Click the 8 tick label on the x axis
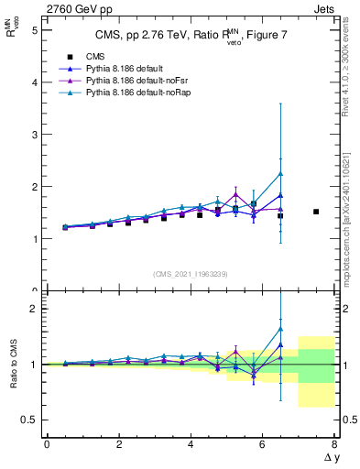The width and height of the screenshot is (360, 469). pos(334,443)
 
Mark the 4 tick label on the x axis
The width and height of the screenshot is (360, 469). pos(191,443)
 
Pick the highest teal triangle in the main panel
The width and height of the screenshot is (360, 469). pos(280,173)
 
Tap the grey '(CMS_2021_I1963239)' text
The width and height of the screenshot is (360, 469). pos(190,273)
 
